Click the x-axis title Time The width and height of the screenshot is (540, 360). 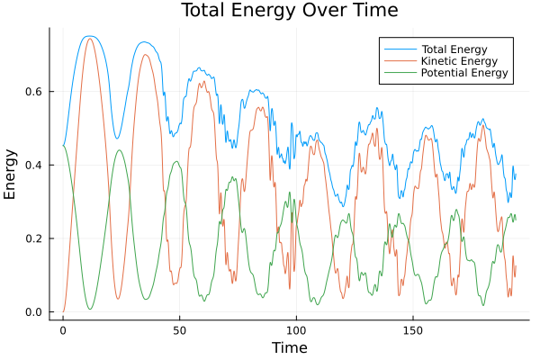tap(289, 347)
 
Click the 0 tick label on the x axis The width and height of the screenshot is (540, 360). tap(63, 330)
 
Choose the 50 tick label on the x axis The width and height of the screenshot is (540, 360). tap(179, 330)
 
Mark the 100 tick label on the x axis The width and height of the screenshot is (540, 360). tap(296, 330)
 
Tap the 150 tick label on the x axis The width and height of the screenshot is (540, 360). tap(413, 330)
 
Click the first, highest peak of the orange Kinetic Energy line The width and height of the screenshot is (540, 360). tap(89, 39)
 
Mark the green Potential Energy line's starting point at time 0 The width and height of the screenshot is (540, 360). tap(63, 146)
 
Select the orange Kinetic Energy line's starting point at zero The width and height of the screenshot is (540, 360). tap(63, 312)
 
